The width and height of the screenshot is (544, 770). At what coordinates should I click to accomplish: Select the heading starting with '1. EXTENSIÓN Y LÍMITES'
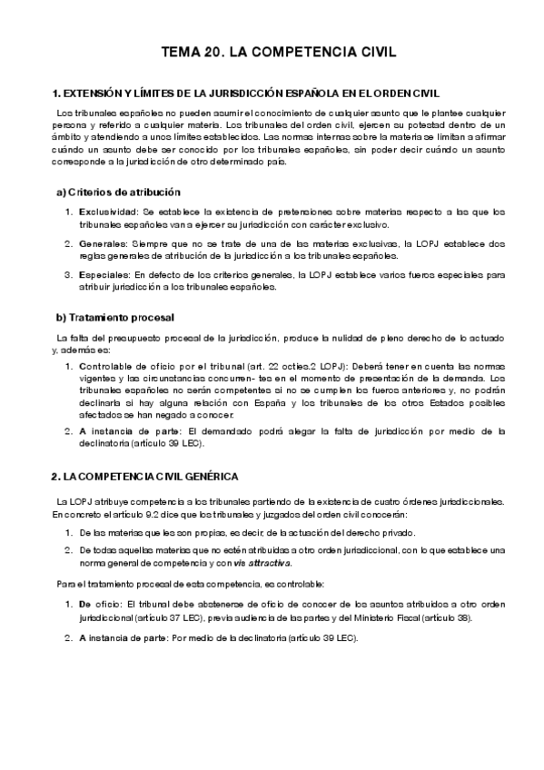point(247,94)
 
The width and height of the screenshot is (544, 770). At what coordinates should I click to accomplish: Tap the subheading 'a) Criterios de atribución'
point(119,192)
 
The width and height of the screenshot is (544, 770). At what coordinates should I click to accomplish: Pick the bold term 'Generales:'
point(102,244)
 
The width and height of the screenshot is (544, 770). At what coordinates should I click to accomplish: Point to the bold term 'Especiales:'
point(104,276)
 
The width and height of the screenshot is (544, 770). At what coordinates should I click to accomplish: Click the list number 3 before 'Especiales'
point(68,276)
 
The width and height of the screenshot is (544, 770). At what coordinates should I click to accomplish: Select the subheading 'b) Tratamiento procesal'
point(115,318)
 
